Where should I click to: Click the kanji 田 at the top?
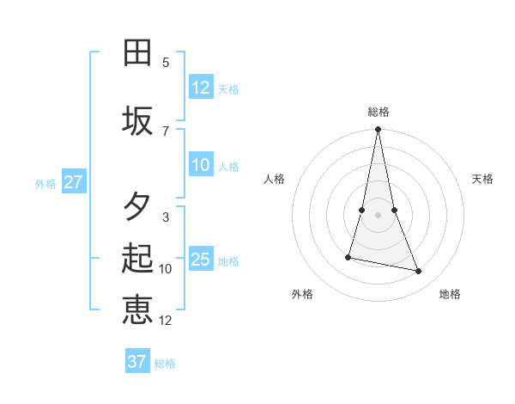tap(137, 53)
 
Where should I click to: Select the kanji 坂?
tap(137, 121)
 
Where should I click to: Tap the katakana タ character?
tap(137, 206)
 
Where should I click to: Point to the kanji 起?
tap(137, 259)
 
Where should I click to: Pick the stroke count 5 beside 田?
tap(166, 63)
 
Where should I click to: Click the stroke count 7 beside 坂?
tap(166, 131)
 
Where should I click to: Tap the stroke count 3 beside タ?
tap(166, 217)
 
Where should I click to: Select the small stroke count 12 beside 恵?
tap(166, 321)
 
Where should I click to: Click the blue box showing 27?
tap(73, 182)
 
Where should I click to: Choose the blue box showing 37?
tap(137, 362)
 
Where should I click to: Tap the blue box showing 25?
tap(201, 260)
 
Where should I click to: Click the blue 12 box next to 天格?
tap(201, 88)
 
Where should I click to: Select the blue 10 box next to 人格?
tap(201, 165)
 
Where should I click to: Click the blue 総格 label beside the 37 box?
tap(166, 364)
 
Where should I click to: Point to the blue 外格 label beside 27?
tap(45, 183)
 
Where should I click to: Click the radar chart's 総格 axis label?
tap(379, 111)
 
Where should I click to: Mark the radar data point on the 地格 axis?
tap(419, 272)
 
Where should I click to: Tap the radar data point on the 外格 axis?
tap(348, 257)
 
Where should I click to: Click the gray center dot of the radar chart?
tap(379, 215)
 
